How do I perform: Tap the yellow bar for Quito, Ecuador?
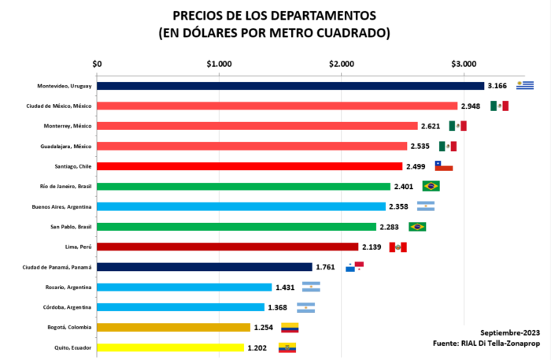click(170, 347)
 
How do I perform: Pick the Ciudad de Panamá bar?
click(205, 267)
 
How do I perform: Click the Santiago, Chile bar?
click(250, 166)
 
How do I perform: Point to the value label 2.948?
click(471, 106)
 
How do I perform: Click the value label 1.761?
click(326, 267)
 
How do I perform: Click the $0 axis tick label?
click(97, 64)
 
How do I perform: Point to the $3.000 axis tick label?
click(463, 64)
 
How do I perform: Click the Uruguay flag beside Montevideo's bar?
click(525, 85)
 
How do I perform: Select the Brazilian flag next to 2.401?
click(431, 186)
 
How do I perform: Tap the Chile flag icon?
click(444, 166)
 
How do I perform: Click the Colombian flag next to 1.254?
click(290, 328)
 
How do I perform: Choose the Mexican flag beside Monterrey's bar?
click(458, 126)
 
